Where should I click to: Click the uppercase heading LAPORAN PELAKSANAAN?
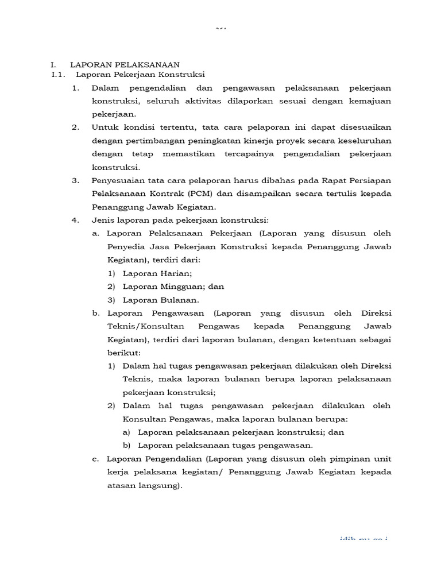pyautogui.click(x=125, y=65)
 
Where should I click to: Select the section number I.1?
pyautogui.click(x=59, y=75)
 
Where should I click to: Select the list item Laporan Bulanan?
pyautogui.click(x=161, y=300)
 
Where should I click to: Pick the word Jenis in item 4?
pyautogui.click(x=102, y=220)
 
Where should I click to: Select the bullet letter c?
pyautogui.click(x=95, y=459)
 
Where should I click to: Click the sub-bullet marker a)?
pyautogui.click(x=126, y=432)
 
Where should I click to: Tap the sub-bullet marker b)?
pyautogui.click(x=126, y=445)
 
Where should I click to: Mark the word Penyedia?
pyautogui.click(x=125, y=247)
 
